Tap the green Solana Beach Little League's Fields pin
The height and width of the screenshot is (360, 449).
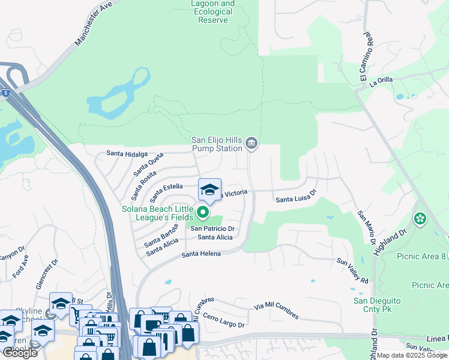point(203,212)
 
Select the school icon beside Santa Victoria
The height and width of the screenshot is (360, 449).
point(209,190)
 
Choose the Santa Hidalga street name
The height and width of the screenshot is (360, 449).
point(127,154)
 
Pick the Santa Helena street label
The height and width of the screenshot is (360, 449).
point(202,254)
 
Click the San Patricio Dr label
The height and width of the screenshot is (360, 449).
point(212,229)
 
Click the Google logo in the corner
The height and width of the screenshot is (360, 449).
point(20,353)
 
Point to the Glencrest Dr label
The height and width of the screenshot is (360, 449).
point(47,274)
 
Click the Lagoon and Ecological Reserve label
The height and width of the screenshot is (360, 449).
point(213,12)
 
